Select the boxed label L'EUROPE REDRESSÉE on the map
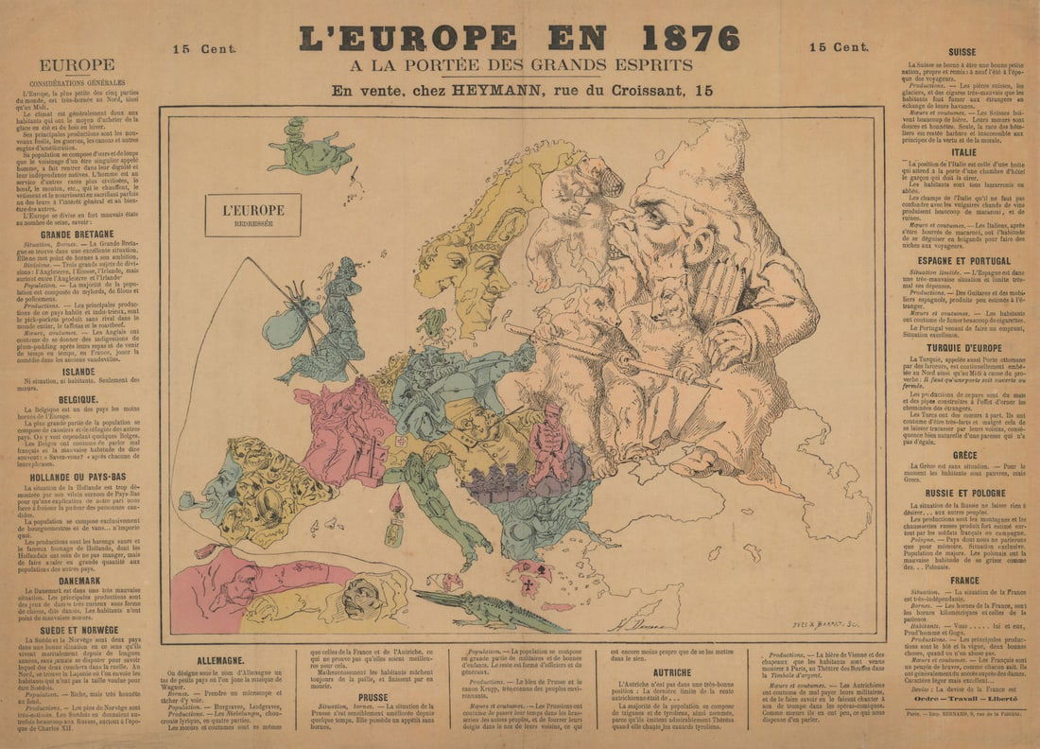coord(252,215)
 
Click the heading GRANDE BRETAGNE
coord(78,234)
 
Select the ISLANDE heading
coord(78,372)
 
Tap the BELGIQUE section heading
coord(78,400)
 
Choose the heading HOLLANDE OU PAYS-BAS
coord(78,478)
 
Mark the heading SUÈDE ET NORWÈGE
coord(78,629)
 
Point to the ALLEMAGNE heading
coord(224,660)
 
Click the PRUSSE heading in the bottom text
coord(373,697)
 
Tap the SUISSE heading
coord(962,52)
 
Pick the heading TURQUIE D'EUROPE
coord(962,347)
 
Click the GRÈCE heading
coord(962,455)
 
